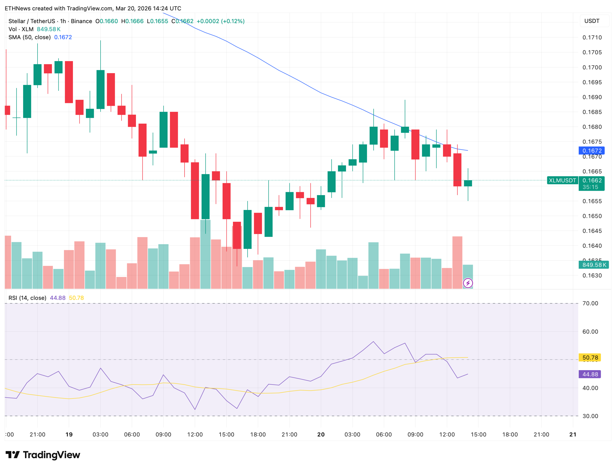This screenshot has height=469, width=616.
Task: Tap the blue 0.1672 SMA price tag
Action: pos(591,151)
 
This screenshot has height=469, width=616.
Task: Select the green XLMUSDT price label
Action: pos(562,180)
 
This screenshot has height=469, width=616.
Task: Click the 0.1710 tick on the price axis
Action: pos(592,38)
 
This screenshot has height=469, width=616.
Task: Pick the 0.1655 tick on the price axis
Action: pos(592,201)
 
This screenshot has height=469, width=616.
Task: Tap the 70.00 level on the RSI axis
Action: pos(590,304)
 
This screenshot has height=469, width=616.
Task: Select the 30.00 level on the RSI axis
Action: pos(590,416)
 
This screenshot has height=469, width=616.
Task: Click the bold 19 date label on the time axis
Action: pos(69,435)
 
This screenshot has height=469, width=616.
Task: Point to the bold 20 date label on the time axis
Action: pos(321,435)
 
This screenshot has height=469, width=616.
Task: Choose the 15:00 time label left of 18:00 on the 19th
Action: pos(226,435)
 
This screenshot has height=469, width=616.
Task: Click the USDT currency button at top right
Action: pos(592,21)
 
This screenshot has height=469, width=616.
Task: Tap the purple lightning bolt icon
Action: pos(468,283)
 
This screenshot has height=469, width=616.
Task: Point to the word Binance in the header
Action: pos(81,21)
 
